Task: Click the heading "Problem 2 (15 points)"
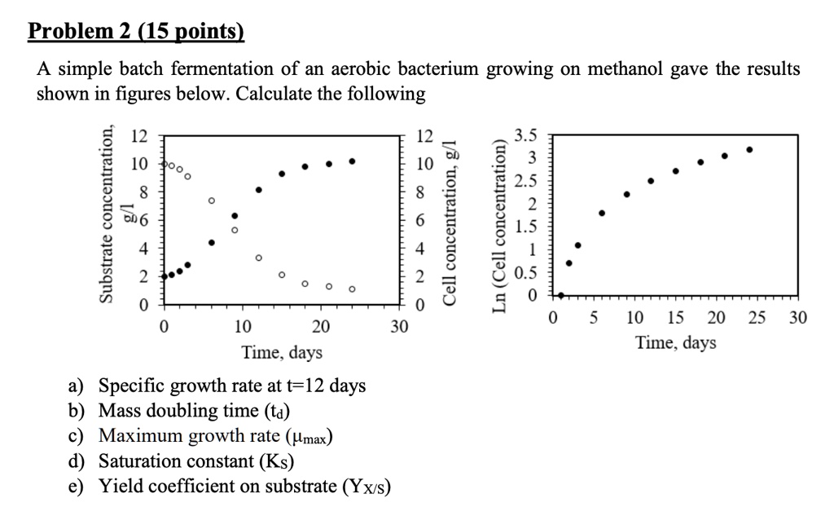coord(136,32)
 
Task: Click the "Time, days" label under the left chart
coord(282,353)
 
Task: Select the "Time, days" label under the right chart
coord(676,343)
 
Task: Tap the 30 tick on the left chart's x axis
coord(397,328)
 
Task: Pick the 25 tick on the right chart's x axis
coord(757,318)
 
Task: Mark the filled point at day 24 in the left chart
coord(352,161)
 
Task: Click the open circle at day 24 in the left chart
coord(352,289)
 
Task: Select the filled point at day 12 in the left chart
coord(258,190)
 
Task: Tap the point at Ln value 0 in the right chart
coord(561,295)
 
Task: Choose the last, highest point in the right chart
coord(749,150)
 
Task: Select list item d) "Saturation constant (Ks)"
coord(196,461)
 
